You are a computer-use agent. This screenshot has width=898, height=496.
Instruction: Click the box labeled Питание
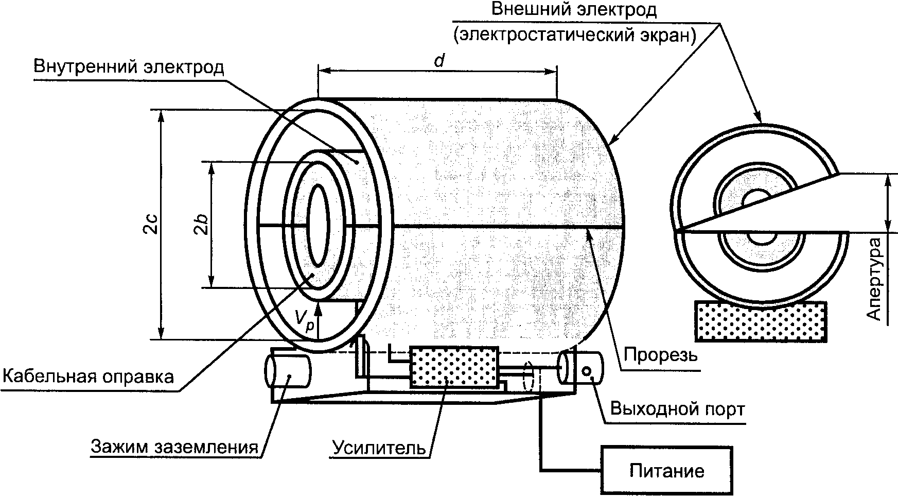coord(666,471)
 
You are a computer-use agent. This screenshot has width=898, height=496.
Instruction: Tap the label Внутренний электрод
coord(129,67)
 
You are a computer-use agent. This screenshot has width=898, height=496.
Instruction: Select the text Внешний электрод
coord(574,10)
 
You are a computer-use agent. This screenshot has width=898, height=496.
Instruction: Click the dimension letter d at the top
coord(438,60)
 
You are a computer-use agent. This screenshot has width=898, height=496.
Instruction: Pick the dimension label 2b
coord(202,225)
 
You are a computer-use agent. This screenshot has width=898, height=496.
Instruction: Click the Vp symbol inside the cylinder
coord(304,317)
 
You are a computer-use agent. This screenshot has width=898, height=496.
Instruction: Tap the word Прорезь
coord(661,355)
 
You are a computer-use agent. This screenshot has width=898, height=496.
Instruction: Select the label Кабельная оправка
coord(88,376)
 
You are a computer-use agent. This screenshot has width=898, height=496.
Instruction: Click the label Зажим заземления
coord(174,447)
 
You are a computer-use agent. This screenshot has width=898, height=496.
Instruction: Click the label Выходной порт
coord(677,409)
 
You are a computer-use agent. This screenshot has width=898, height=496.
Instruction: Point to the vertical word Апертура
coord(874,279)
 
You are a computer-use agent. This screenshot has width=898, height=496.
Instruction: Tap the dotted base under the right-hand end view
coord(761,321)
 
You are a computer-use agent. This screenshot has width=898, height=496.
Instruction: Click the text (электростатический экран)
coord(574,35)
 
